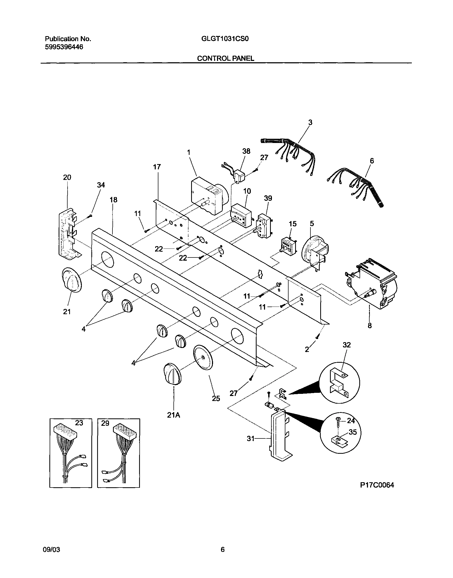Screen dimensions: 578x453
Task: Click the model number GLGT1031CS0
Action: (x=225, y=39)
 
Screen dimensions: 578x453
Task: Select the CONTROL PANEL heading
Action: (x=225, y=58)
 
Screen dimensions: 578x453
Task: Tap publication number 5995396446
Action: (x=64, y=47)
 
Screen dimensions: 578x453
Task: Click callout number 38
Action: (x=246, y=151)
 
